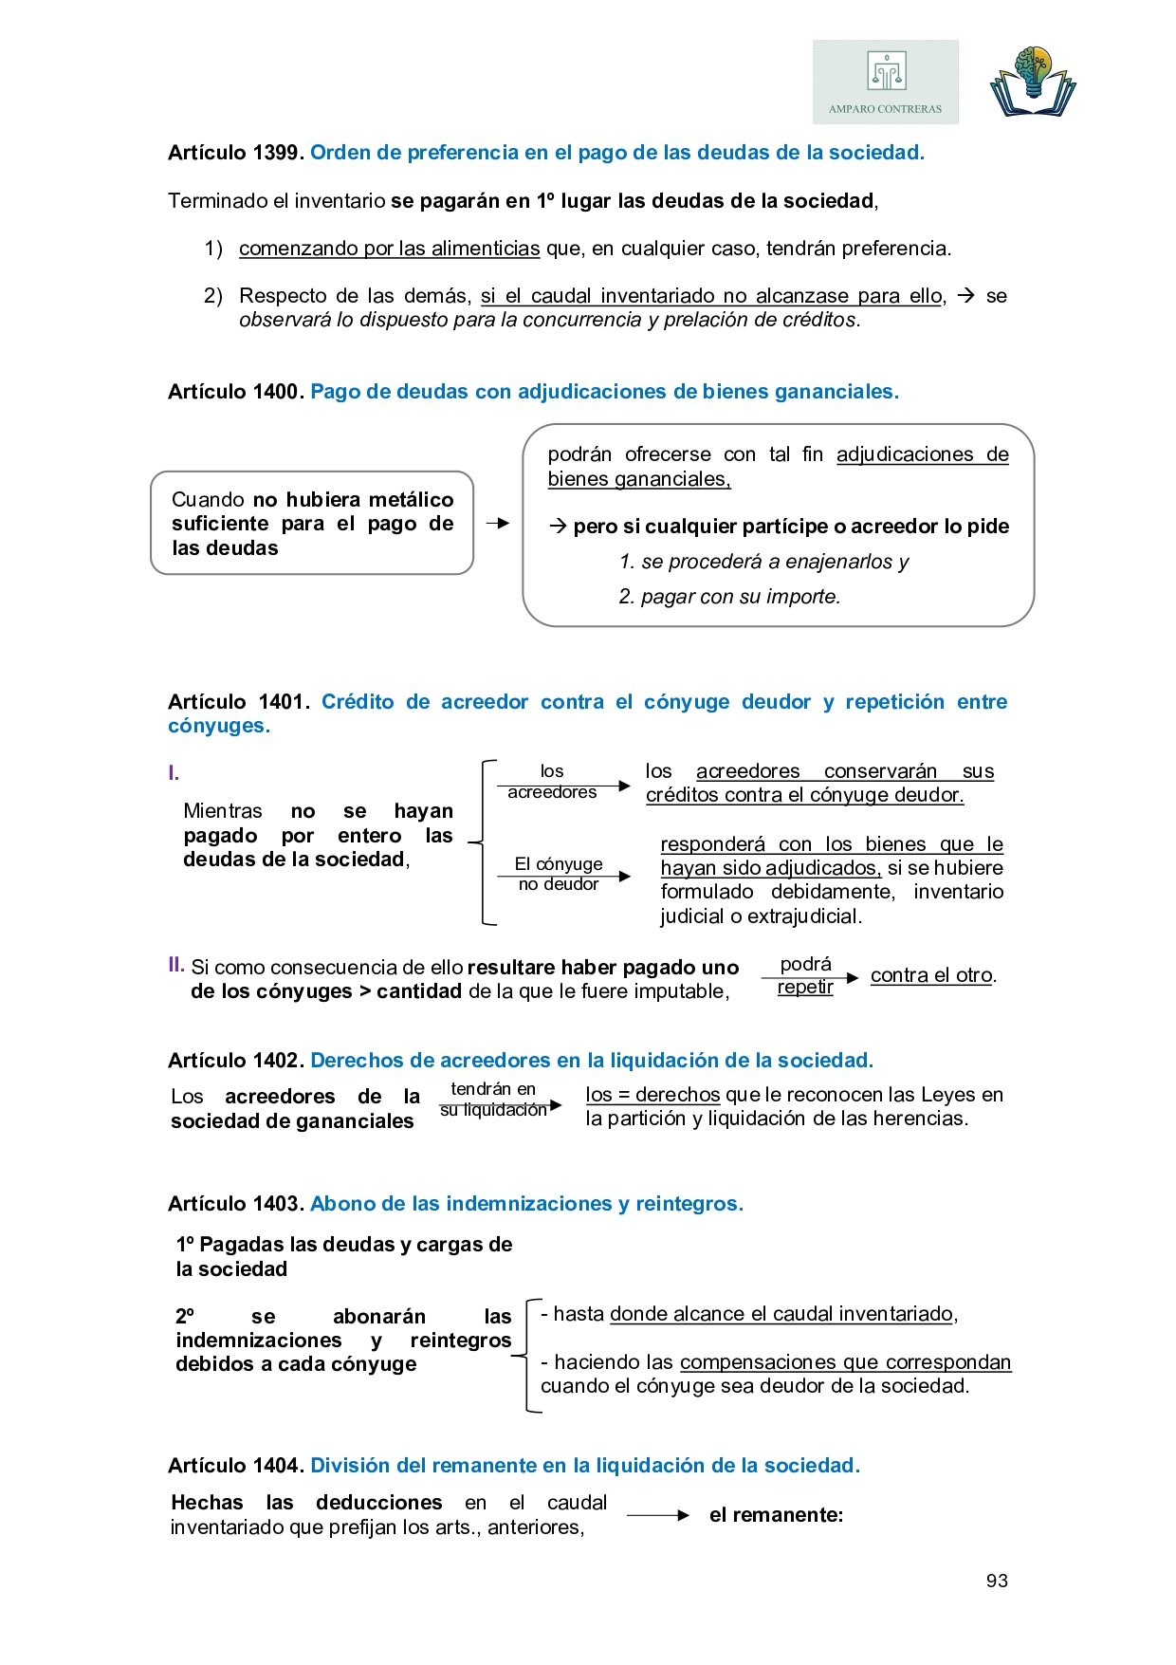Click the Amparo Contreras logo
tap(885, 82)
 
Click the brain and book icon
tap(1033, 82)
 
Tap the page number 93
tap(997, 1581)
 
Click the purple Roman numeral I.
tap(174, 773)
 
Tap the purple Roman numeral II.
tap(175, 966)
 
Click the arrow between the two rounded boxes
tap(497, 523)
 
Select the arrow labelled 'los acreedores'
tap(563, 785)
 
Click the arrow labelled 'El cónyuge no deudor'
tap(563, 877)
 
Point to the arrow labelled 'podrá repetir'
tap(810, 977)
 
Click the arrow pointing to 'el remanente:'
tap(657, 1516)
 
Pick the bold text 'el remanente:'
tap(776, 1515)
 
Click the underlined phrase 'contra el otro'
tap(931, 975)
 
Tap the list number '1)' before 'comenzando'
tap(213, 249)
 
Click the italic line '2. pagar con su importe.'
tap(729, 597)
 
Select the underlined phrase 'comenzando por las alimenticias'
tap(389, 249)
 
